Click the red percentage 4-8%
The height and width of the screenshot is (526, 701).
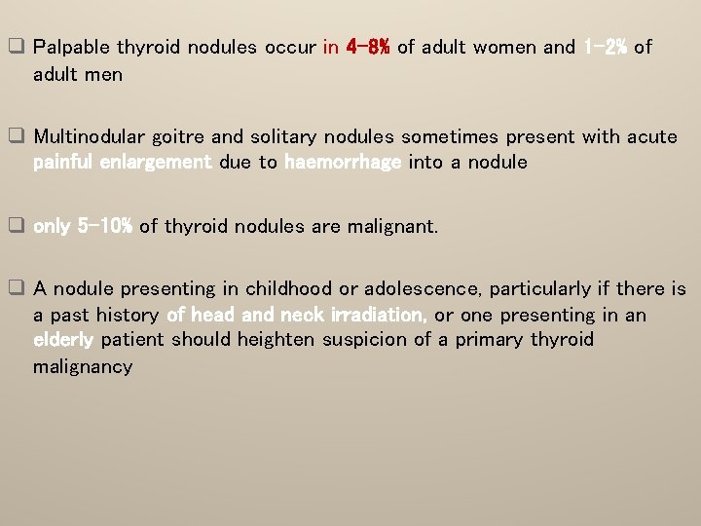(368, 47)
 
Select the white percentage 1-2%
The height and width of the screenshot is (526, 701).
(605, 47)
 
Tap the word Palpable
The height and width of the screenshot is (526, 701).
(72, 47)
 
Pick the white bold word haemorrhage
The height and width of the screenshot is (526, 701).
(343, 163)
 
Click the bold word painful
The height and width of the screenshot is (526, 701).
(64, 163)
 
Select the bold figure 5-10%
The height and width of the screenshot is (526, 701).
(105, 227)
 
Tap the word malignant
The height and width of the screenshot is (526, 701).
(392, 227)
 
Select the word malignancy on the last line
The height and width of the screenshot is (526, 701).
(82, 366)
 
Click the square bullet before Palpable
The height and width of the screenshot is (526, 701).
(17, 47)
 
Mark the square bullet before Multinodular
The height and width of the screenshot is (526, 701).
(17, 137)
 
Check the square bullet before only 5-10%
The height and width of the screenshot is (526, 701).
(17, 227)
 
